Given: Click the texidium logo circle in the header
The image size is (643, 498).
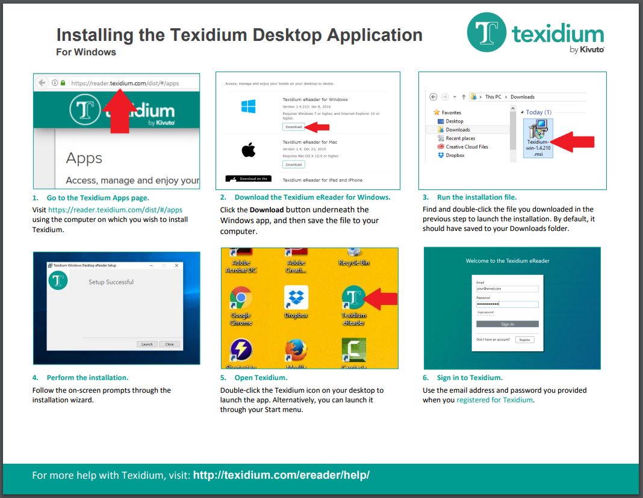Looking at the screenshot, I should [x=486, y=32].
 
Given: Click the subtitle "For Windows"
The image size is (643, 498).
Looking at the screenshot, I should [x=86, y=52].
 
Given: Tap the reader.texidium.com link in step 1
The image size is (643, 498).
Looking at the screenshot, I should [x=115, y=210].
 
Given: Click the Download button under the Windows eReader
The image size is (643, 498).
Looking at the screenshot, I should [x=293, y=127].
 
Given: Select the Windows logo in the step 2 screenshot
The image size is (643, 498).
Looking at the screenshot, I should [x=249, y=107].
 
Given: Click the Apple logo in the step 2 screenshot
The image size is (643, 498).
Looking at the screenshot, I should [x=249, y=150].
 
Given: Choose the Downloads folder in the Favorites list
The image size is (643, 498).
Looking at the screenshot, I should [x=458, y=129].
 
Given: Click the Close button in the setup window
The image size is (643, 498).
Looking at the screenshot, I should [x=169, y=344].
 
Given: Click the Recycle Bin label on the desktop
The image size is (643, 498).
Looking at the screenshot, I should [x=353, y=263].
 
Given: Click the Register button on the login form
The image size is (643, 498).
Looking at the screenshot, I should [x=524, y=340].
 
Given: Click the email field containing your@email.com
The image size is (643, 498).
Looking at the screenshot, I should [x=507, y=289].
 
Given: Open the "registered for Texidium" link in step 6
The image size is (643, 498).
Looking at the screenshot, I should [x=494, y=400].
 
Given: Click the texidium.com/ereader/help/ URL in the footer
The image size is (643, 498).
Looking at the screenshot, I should [x=281, y=475].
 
